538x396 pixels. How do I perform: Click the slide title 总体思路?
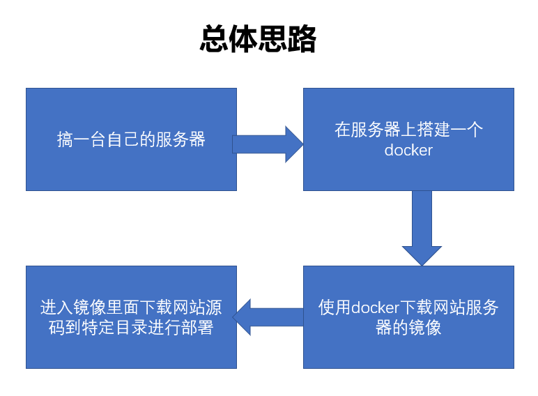click(x=258, y=40)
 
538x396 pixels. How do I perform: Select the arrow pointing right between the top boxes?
click(x=268, y=144)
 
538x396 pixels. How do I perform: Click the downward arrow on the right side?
click(x=422, y=227)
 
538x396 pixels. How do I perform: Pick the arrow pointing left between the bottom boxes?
click(x=268, y=317)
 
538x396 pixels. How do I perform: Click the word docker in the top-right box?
click(x=408, y=151)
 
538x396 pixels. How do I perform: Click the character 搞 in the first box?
click(x=65, y=139)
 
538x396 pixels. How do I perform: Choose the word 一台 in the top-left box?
click(x=89, y=139)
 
